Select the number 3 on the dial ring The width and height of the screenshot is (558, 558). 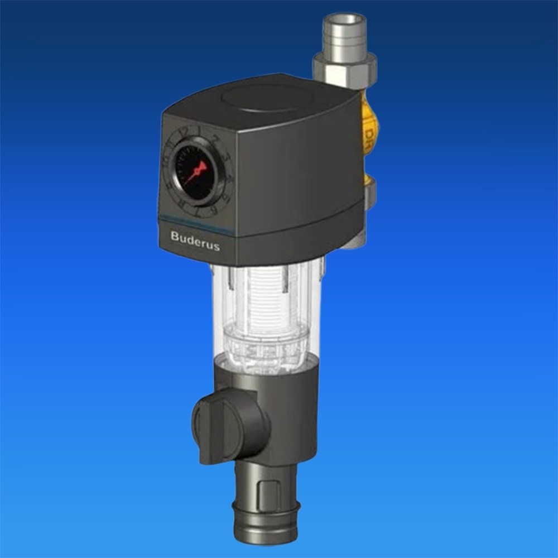227,157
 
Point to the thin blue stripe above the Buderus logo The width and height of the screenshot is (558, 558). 195,223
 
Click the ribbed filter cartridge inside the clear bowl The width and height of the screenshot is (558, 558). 263,301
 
